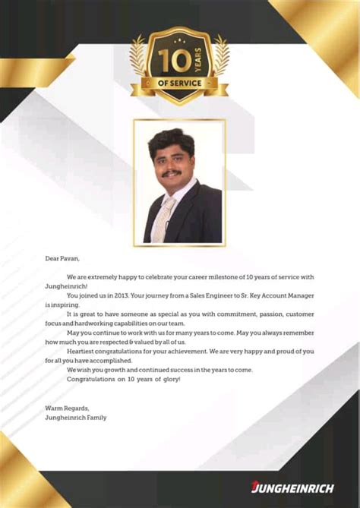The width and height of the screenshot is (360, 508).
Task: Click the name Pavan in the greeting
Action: (x=68, y=259)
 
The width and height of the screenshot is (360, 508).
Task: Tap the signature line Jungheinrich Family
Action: (x=76, y=417)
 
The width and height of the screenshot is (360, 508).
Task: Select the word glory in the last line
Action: (x=169, y=379)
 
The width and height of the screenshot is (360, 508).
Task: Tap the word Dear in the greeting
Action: (x=52, y=259)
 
